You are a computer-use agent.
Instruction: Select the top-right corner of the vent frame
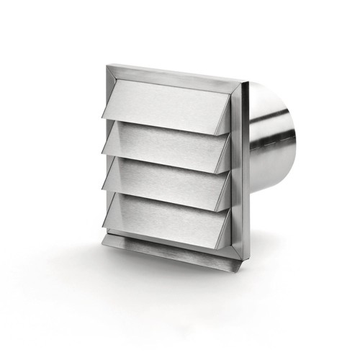click(x=241, y=84)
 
